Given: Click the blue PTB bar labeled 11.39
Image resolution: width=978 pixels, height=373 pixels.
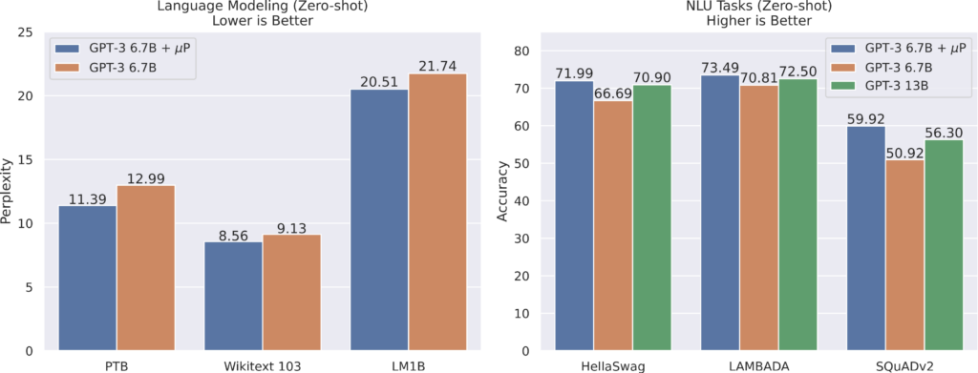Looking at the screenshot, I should click(x=88, y=278).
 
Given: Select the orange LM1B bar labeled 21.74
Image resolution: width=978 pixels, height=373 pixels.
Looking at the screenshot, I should click(x=438, y=212).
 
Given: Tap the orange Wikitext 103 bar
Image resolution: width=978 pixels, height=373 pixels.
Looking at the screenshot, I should click(x=292, y=292).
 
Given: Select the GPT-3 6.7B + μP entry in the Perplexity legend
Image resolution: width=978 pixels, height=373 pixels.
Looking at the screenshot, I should click(x=124, y=48).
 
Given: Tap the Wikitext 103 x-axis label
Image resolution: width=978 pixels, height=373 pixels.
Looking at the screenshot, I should click(x=263, y=364).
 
